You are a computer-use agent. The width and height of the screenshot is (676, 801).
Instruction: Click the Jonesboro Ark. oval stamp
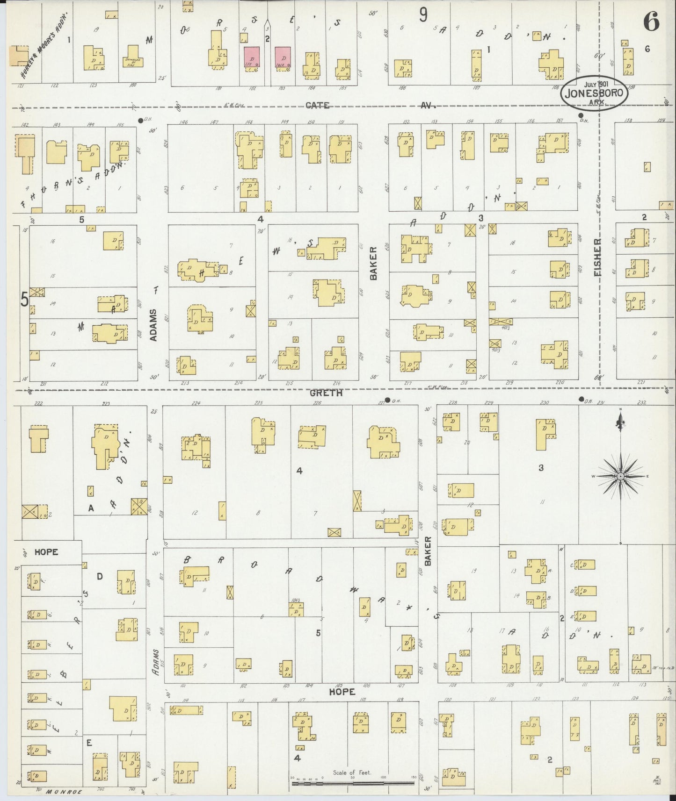point(594,92)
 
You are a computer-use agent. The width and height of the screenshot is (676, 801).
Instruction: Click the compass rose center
point(620,476)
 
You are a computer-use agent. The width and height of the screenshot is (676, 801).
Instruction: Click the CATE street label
point(317,106)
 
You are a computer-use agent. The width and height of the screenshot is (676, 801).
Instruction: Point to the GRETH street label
point(326,393)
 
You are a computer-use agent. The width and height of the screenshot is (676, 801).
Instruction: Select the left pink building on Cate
point(252,59)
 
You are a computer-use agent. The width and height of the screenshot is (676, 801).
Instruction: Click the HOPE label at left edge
point(46,552)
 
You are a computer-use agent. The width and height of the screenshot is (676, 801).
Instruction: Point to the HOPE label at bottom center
point(342,692)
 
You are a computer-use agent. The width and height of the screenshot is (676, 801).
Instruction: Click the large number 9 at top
point(423,15)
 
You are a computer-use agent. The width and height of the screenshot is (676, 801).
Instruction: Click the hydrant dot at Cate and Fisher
point(581,115)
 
